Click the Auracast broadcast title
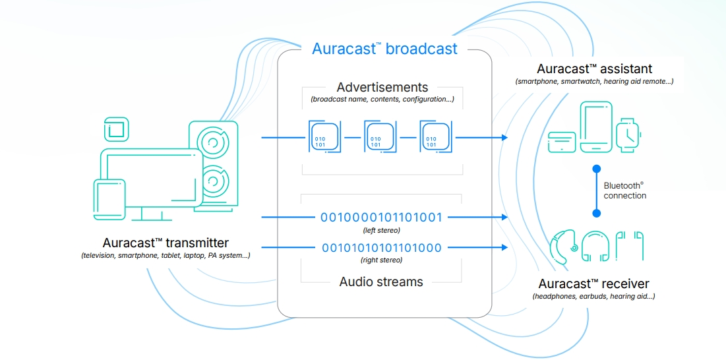[384, 49]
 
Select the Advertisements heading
[382, 87]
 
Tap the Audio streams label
[381, 282]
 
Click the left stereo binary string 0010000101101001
[381, 217]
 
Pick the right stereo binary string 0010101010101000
[382, 248]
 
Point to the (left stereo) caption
[381, 230]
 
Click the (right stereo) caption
[381, 260]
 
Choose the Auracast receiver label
[593, 284]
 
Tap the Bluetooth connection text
[624, 191]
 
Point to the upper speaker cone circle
[214, 142]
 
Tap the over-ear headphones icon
[596, 245]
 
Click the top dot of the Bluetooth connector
[596, 167]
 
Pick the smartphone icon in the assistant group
[596, 128]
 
